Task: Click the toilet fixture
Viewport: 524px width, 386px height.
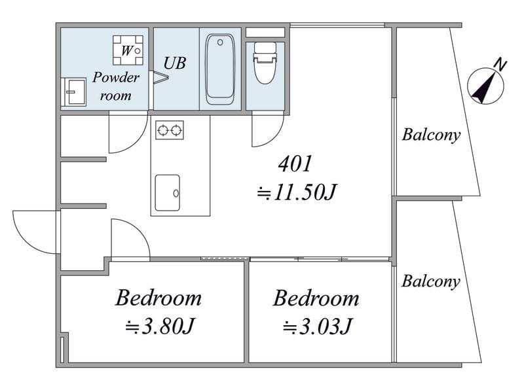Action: [265, 63]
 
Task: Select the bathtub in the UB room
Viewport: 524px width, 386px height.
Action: [220, 69]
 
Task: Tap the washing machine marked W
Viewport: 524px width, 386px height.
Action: [128, 50]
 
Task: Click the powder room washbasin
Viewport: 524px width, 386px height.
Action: [75, 92]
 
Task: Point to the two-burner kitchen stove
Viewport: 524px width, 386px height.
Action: [170, 130]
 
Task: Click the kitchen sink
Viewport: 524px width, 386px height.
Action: [168, 192]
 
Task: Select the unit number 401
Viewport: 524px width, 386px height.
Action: [295, 164]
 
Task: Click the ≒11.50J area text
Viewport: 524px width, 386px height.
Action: [297, 192]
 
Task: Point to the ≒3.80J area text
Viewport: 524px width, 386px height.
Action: [160, 326]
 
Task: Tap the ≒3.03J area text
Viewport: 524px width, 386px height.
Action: [318, 326]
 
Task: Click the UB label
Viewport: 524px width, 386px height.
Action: [175, 63]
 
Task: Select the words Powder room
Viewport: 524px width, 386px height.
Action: [116, 86]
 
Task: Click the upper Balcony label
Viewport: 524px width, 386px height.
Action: [431, 135]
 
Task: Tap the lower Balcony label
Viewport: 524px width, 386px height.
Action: [431, 281]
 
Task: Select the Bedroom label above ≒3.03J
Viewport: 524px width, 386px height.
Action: [316, 298]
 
